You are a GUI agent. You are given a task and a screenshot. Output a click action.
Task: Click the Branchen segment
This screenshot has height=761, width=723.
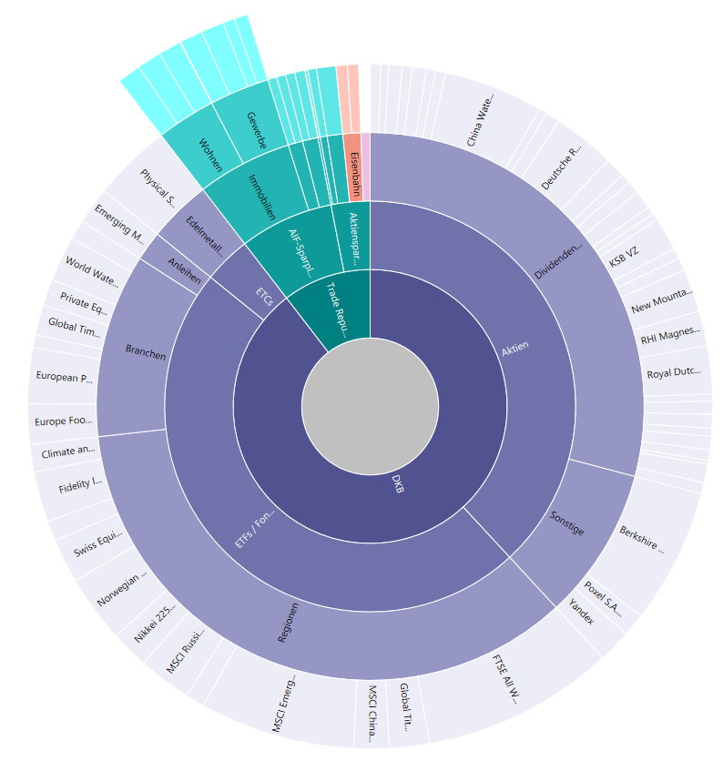click(146, 351)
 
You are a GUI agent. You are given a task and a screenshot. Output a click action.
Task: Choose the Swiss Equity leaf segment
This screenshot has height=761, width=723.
click(97, 547)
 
